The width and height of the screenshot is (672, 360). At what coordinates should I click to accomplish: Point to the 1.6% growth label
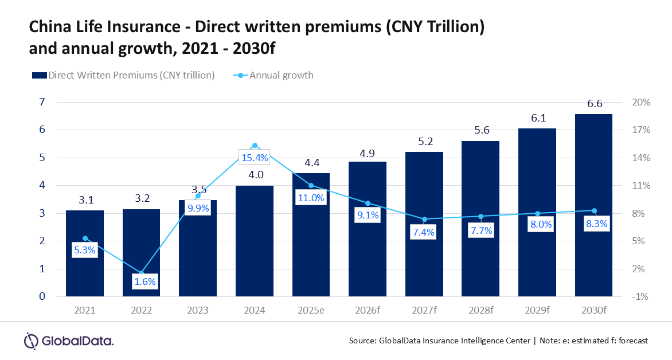[x=142, y=281]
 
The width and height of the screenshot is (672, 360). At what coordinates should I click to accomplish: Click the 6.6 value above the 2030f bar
[x=595, y=104]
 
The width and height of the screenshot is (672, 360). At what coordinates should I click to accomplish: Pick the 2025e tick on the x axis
[x=311, y=310]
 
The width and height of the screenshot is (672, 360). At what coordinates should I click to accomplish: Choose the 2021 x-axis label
[x=85, y=310]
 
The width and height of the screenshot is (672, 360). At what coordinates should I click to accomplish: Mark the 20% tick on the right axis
[x=641, y=103]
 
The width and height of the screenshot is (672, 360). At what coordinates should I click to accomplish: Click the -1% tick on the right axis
[x=641, y=296]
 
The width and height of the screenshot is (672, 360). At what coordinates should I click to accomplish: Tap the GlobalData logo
[x=68, y=341]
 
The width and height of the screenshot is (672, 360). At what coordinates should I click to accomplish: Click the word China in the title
[x=48, y=27]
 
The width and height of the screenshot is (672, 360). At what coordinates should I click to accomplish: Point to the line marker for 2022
[x=142, y=272]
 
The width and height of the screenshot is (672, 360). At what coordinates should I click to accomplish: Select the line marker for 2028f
[x=481, y=216]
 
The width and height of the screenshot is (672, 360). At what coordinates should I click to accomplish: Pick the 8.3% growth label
[x=594, y=225]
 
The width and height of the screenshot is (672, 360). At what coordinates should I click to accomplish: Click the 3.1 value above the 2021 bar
[x=85, y=199]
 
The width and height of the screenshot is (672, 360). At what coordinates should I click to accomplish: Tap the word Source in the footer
[x=362, y=341]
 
